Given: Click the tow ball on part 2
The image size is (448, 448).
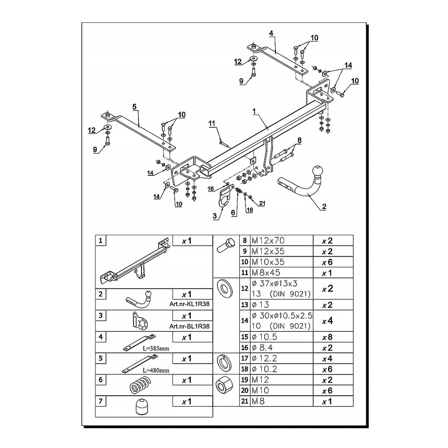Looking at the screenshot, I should click(317, 171).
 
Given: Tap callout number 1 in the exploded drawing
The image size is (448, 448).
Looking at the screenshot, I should click(254, 111).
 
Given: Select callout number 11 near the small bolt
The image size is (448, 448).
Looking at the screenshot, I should click(212, 123).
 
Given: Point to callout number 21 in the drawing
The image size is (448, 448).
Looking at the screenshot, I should click(262, 203).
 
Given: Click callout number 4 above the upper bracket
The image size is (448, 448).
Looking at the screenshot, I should click(271, 33).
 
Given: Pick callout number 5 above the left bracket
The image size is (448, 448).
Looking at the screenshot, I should click(134, 107).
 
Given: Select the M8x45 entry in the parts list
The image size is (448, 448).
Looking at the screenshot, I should click(266, 273).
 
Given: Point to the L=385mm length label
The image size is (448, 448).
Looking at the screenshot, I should click(155, 349).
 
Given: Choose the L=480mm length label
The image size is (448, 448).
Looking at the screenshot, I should click(155, 370).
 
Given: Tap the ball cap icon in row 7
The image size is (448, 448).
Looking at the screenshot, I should click(142, 407).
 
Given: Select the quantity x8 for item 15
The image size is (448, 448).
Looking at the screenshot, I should click(328, 337).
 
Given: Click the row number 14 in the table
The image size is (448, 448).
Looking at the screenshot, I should click(245, 321).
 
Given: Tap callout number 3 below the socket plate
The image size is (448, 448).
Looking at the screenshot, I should click(214, 216).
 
